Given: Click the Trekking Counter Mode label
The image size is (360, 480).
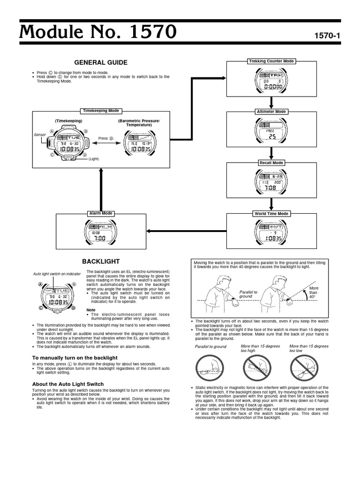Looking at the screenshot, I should (x=271, y=61).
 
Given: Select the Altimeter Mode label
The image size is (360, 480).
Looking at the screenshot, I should (x=271, y=112).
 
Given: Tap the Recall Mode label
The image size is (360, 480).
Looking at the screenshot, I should (x=271, y=163).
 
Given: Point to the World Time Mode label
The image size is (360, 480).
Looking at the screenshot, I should (x=271, y=214).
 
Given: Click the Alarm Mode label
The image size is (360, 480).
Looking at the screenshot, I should (x=101, y=214).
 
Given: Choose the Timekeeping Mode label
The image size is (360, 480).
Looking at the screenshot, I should (x=101, y=111).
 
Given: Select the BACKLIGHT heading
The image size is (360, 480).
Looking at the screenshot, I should (x=101, y=261).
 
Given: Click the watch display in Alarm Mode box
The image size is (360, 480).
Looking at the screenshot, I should (x=101, y=232).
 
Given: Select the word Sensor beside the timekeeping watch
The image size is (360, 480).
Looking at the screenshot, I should (x=39, y=135).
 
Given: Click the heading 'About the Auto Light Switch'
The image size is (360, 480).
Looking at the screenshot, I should (x=68, y=384).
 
